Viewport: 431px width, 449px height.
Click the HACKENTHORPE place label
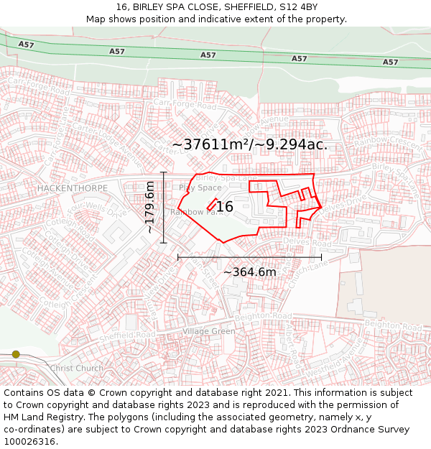coord(72,188)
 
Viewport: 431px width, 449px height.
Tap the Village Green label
coord(208,331)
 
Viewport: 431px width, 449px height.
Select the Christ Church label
coord(76,369)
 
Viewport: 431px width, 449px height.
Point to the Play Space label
coord(200,188)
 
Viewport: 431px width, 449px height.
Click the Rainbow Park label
coord(192,212)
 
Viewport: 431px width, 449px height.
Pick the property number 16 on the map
coord(225,207)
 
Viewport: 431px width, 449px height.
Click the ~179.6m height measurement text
coord(150,207)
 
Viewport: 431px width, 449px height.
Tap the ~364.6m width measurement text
coord(249,272)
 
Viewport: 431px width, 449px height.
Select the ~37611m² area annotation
coord(249,144)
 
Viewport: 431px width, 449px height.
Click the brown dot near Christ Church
coord(16,354)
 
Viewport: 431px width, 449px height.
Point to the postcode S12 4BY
coord(298,7)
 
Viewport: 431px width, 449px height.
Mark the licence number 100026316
coord(30,442)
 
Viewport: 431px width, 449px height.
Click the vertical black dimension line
coord(164,208)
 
